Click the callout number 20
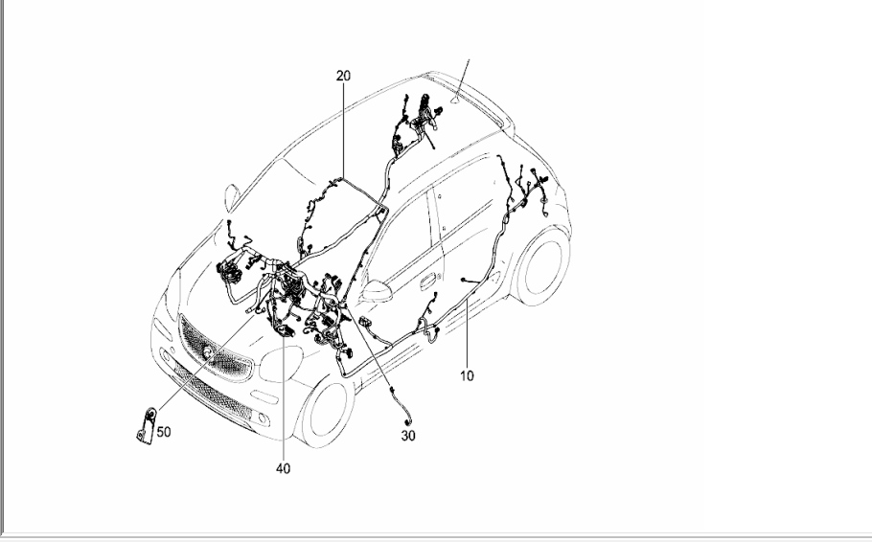pos(344,76)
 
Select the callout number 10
pos(468,375)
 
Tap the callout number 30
pos(408,436)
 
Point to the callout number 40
pos(283,468)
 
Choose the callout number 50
pos(164,432)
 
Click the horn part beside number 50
pos(147,426)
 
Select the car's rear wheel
pos(542,267)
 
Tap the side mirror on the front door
pos(377,291)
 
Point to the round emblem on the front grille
pos(208,350)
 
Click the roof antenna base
pos(456,100)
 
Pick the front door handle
pos(428,282)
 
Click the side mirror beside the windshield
pos(232,198)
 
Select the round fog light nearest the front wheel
pos(263,418)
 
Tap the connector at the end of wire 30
pos(410,425)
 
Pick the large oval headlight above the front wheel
pos(281,364)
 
